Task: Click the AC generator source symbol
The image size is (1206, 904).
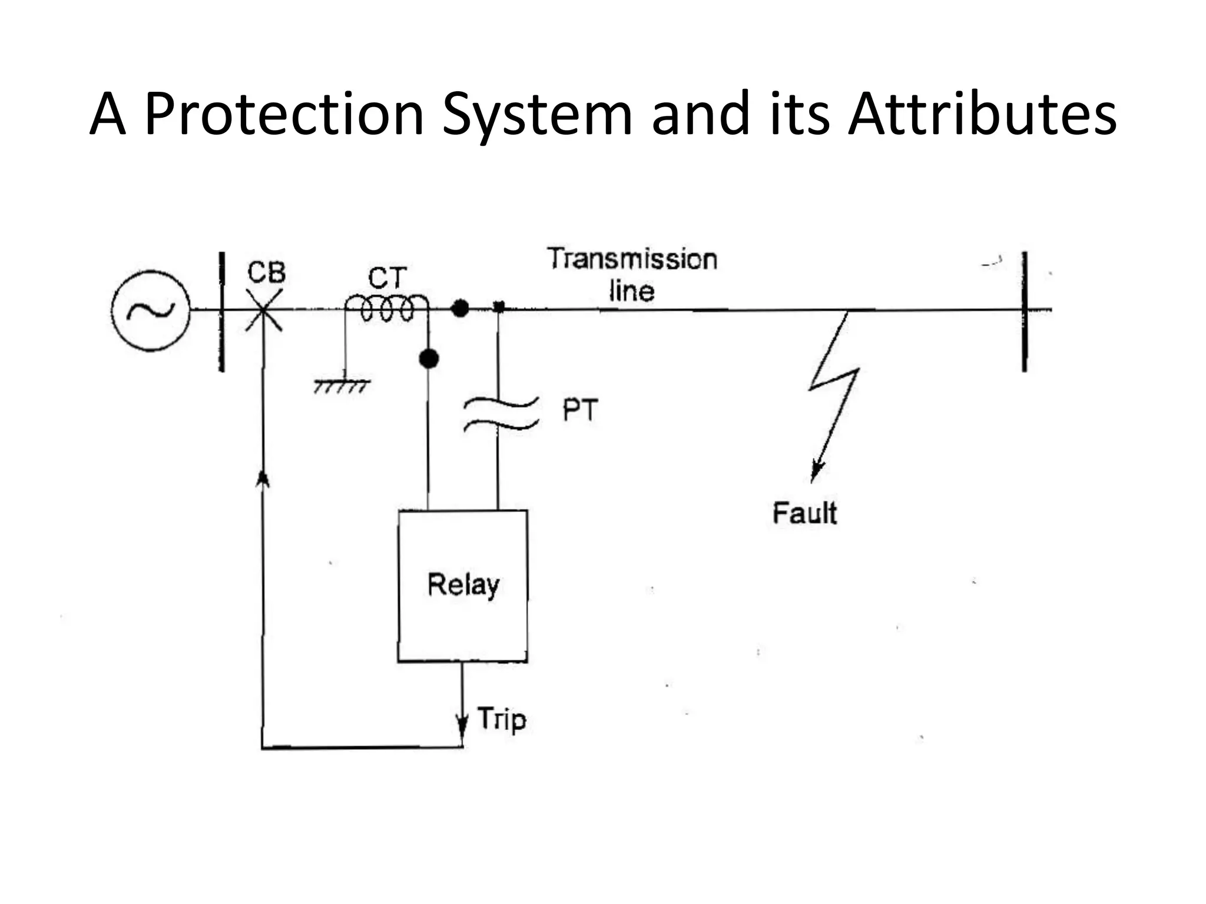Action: (151, 311)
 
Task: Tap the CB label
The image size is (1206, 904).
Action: (267, 272)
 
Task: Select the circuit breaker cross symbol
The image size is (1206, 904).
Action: (263, 310)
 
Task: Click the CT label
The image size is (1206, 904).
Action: (387, 278)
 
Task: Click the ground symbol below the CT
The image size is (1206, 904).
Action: (342, 385)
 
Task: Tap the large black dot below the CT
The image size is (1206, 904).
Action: (429, 358)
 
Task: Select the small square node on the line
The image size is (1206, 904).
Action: (499, 307)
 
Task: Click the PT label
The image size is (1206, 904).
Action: (580, 410)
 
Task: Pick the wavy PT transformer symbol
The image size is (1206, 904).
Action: (501, 413)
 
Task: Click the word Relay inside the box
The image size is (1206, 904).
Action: (463, 584)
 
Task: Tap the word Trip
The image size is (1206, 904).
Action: (502, 719)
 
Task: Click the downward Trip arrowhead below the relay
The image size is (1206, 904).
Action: (462, 728)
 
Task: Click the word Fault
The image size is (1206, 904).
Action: (804, 513)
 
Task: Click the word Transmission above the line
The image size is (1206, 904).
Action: (632, 260)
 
